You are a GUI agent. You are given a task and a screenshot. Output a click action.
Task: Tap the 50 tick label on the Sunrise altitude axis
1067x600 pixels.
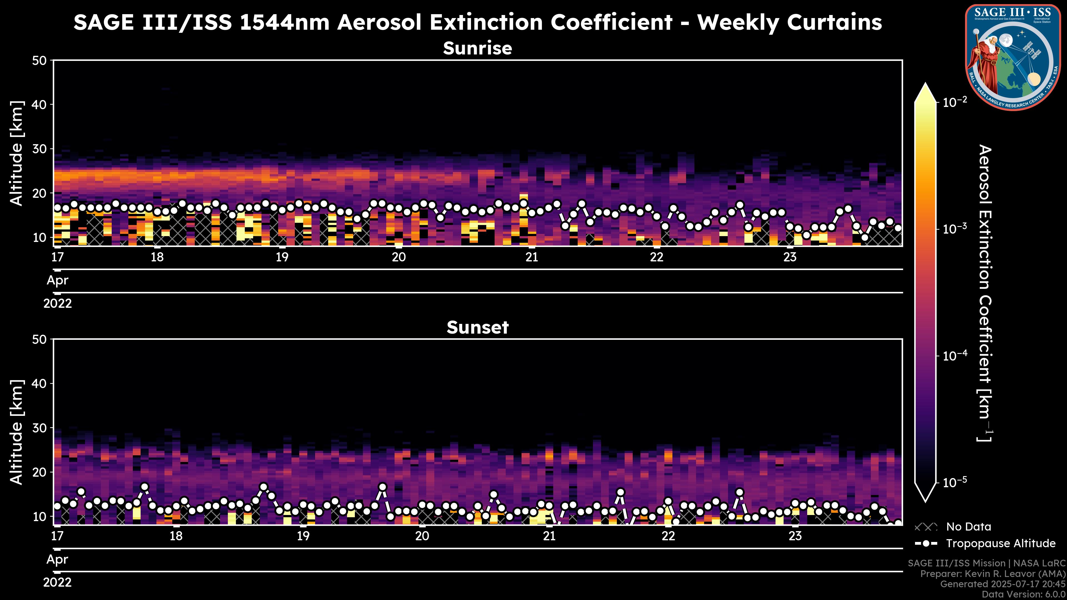click(40, 61)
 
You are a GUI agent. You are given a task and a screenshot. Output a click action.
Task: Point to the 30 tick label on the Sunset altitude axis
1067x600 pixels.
click(40, 428)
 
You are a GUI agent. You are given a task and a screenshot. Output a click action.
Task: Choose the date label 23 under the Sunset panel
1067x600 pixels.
click(795, 536)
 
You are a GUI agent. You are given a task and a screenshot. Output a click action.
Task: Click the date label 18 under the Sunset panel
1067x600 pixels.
click(176, 536)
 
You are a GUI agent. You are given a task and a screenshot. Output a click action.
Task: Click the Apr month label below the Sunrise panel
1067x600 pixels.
click(58, 280)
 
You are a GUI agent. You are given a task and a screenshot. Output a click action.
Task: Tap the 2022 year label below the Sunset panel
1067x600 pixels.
click(58, 582)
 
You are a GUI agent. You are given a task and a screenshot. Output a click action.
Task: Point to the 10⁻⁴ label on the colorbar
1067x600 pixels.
click(955, 356)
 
